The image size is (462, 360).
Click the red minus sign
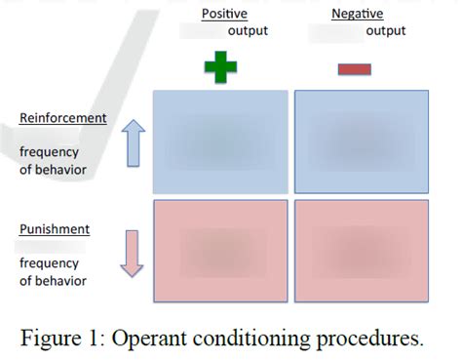pos(354,68)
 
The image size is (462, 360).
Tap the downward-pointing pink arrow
pos(134,255)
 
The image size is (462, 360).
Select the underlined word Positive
pos(224,13)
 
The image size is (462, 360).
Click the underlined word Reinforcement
pos(63,118)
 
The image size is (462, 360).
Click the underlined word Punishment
pos(55,229)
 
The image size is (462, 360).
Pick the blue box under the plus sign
pos(221,141)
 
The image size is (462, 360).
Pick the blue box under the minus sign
pos(362,141)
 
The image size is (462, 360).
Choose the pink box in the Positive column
pos(221,251)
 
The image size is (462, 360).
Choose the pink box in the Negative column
pos(362,251)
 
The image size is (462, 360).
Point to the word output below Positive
pos(249,31)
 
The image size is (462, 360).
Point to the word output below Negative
pos(386,31)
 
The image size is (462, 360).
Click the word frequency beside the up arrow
pos(50,153)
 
